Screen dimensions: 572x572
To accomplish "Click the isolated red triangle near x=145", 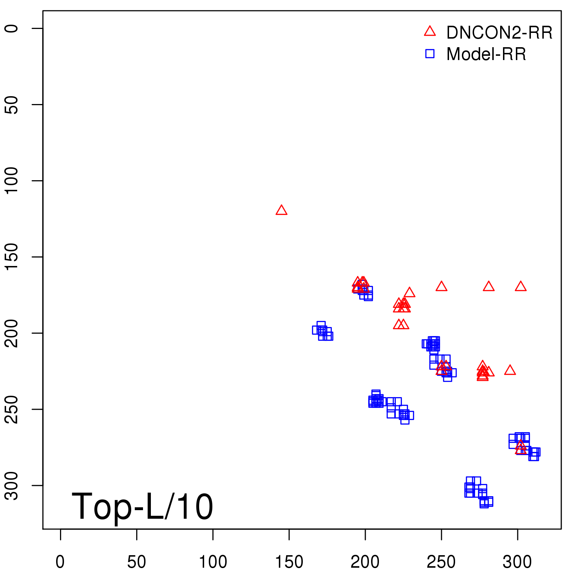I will pyautogui.click(x=281, y=211).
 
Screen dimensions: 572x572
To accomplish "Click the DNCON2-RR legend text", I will pyautogui.click(x=499, y=33).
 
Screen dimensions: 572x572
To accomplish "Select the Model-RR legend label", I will pyautogui.click(x=486, y=54).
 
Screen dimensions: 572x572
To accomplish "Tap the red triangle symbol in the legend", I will pyautogui.click(x=430, y=32).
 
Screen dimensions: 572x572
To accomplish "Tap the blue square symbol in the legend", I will pyautogui.click(x=430, y=54).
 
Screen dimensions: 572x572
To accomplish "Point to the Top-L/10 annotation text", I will pyautogui.click(x=142, y=506).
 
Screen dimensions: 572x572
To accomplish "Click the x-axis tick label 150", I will pyautogui.click(x=289, y=562).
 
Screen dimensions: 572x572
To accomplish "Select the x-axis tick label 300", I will pyautogui.click(x=517, y=562).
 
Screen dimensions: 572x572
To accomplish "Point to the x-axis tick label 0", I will pyautogui.click(x=60, y=562).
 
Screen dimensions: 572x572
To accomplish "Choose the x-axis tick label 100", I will pyautogui.click(x=213, y=562).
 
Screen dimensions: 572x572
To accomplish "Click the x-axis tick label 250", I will pyautogui.click(x=441, y=562).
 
